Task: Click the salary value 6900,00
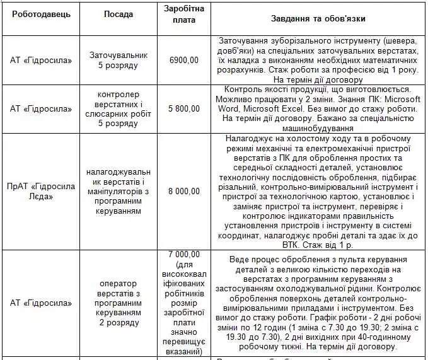tap(184, 60)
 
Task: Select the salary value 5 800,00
tap(183, 108)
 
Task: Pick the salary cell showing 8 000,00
tap(183, 191)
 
